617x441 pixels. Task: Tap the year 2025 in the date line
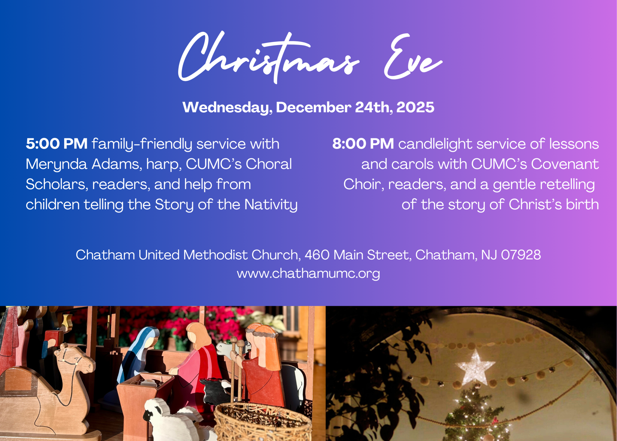pyautogui.click(x=415, y=107)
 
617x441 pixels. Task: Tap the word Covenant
pyautogui.click(x=565, y=164)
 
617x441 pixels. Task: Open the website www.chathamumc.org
pyautogui.click(x=308, y=274)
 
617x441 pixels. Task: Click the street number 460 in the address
pyautogui.click(x=316, y=255)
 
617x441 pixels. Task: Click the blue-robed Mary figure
pyautogui.click(x=141, y=353)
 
